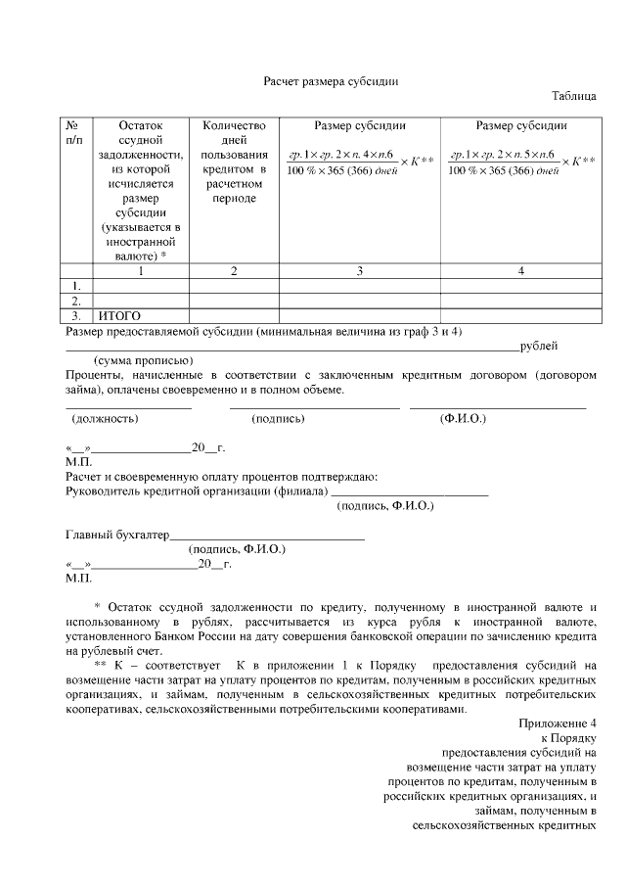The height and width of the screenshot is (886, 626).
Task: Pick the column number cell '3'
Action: pos(359,271)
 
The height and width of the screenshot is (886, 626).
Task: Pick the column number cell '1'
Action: pos(141,271)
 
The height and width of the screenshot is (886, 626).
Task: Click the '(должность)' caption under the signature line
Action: pos(105,418)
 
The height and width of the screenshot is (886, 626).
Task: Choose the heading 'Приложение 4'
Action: pos(557,723)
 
